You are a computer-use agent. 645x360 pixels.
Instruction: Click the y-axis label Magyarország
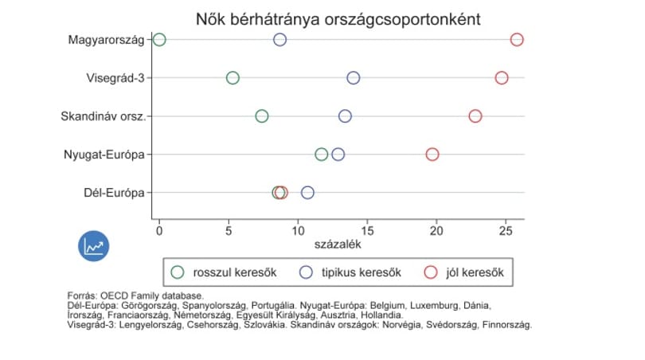[106, 40]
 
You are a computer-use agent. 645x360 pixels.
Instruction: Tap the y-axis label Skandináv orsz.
[104, 116]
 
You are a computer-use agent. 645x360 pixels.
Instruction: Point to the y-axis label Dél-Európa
[114, 193]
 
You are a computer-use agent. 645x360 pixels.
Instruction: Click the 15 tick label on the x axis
[367, 231]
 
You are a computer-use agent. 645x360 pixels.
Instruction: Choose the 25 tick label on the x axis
[506, 231]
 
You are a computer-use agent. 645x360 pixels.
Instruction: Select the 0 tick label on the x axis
[159, 231]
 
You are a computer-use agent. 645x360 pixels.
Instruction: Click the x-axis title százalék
[338, 245]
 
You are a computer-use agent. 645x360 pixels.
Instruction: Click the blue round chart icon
[94, 246]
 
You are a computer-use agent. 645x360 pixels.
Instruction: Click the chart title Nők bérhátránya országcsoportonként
[338, 19]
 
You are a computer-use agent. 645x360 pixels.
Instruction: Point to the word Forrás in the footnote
[82, 295]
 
